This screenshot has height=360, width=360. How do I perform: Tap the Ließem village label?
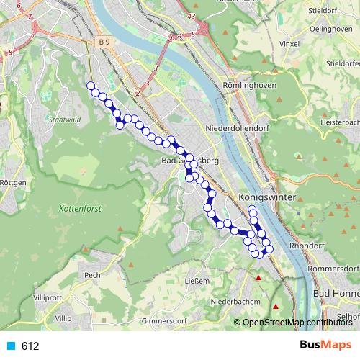(197, 281)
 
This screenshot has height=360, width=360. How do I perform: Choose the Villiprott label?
(48, 297)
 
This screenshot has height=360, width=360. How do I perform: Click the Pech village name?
(91, 274)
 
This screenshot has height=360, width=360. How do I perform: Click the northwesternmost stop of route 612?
(91, 86)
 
